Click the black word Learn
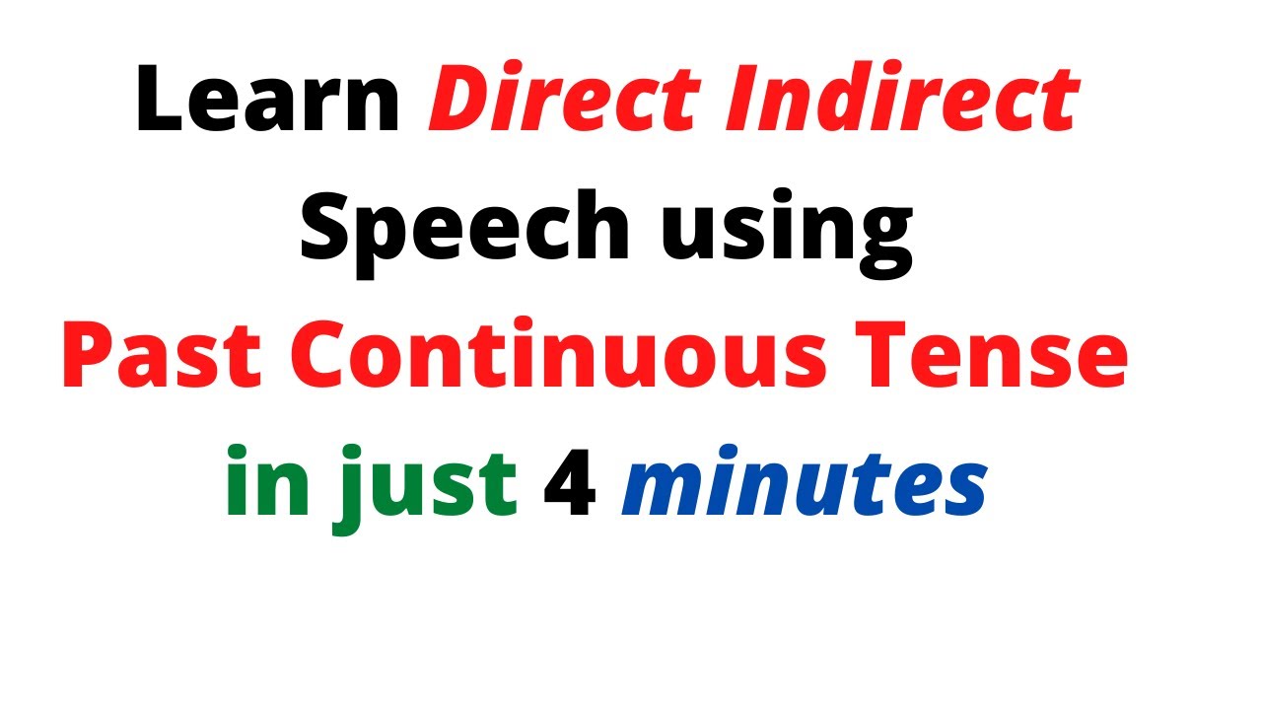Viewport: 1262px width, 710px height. (x=267, y=102)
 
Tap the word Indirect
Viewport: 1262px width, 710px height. (x=897, y=102)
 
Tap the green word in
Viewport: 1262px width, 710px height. (x=259, y=483)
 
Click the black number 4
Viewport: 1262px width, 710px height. (x=570, y=484)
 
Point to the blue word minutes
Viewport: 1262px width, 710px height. (x=804, y=484)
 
